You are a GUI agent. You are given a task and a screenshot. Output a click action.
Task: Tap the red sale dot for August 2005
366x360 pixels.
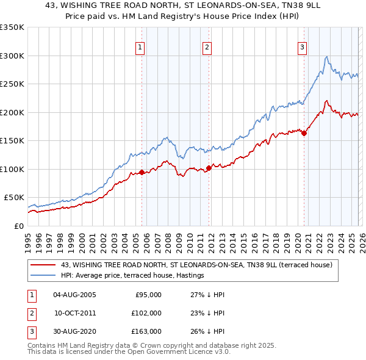point(142,172)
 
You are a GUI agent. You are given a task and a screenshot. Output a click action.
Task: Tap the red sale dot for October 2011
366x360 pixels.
point(208,168)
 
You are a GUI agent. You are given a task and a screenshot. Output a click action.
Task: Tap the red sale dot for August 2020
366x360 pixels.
point(304,134)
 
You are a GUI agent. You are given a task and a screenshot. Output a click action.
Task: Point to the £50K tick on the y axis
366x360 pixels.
point(14,198)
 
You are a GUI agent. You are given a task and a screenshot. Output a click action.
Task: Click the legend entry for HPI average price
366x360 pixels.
point(132,276)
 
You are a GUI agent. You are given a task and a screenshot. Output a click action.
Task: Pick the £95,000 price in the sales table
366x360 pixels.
point(147,295)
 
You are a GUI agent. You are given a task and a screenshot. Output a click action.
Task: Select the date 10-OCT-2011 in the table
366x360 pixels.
point(75,312)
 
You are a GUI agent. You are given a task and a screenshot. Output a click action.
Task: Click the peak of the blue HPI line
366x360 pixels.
point(327,57)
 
